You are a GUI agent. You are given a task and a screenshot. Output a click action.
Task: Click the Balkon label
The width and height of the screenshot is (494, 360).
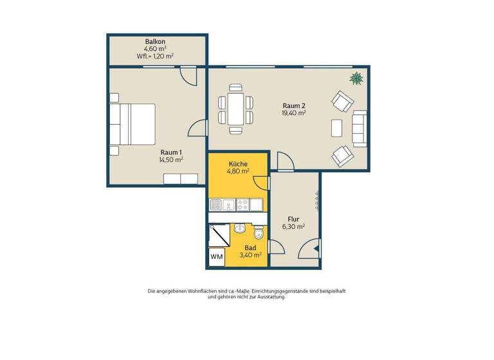[x=155, y=41]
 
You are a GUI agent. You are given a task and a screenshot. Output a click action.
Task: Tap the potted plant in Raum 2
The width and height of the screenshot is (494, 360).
[x=356, y=79]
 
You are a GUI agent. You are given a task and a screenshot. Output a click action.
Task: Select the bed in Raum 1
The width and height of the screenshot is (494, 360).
[x=133, y=124]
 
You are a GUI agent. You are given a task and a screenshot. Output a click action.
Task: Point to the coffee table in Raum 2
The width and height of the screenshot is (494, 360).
[x=336, y=127]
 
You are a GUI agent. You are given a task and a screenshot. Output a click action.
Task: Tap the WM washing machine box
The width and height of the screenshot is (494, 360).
[x=216, y=256]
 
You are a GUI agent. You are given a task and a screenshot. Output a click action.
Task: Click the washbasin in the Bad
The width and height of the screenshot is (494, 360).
[x=240, y=228]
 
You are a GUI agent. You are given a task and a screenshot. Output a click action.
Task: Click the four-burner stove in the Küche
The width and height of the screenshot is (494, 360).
[x=244, y=205]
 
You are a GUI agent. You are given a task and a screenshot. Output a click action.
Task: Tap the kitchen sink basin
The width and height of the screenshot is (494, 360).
[x=216, y=205]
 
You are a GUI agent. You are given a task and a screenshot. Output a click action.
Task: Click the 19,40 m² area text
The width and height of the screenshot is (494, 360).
[x=293, y=113]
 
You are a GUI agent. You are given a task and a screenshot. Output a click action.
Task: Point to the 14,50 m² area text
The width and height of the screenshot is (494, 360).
[x=171, y=159]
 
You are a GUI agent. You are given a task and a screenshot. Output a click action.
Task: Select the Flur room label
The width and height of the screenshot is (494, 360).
[x=293, y=219]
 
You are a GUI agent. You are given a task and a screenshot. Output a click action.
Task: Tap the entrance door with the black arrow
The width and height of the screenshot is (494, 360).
[x=311, y=248]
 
